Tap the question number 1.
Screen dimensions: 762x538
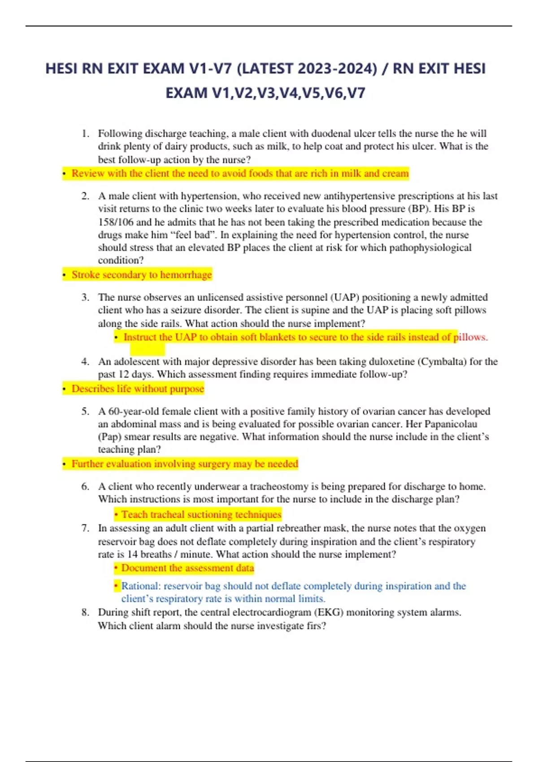pos(85,134)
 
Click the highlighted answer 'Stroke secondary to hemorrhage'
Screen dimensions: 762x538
pos(142,275)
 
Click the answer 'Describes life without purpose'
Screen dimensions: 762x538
pos(138,389)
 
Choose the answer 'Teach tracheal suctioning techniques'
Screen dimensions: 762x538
pos(201,515)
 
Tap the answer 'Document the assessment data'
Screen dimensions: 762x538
pos(187,568)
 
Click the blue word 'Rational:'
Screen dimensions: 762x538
pos(140,586)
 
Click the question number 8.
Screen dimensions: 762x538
pos(85,612)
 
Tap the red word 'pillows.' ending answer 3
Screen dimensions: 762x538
pos(471,337)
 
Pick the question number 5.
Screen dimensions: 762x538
pos(85,411)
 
